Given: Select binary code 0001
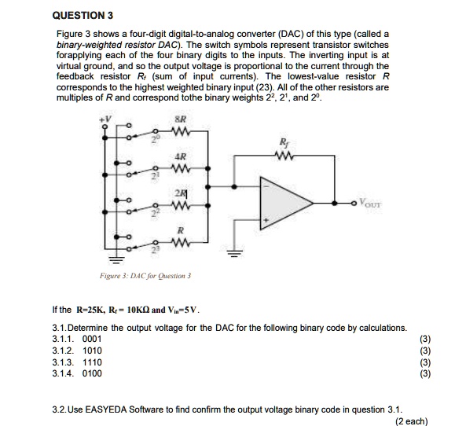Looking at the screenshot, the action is point(92,339).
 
